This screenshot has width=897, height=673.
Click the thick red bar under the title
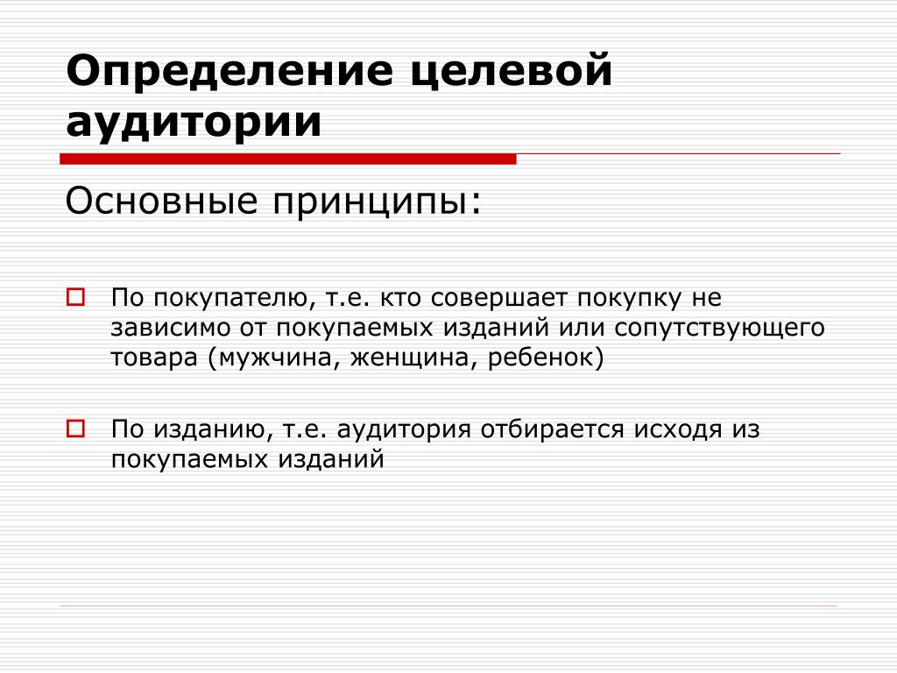[287, 159]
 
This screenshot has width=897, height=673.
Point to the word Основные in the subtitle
[161, 202]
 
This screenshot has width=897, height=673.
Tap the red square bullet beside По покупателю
[75, 297]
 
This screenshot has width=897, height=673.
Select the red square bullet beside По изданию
[75, 429]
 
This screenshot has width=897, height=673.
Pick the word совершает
[498, 299]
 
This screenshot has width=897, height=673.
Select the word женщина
[413, 358]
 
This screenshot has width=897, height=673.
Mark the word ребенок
[541, 358]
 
